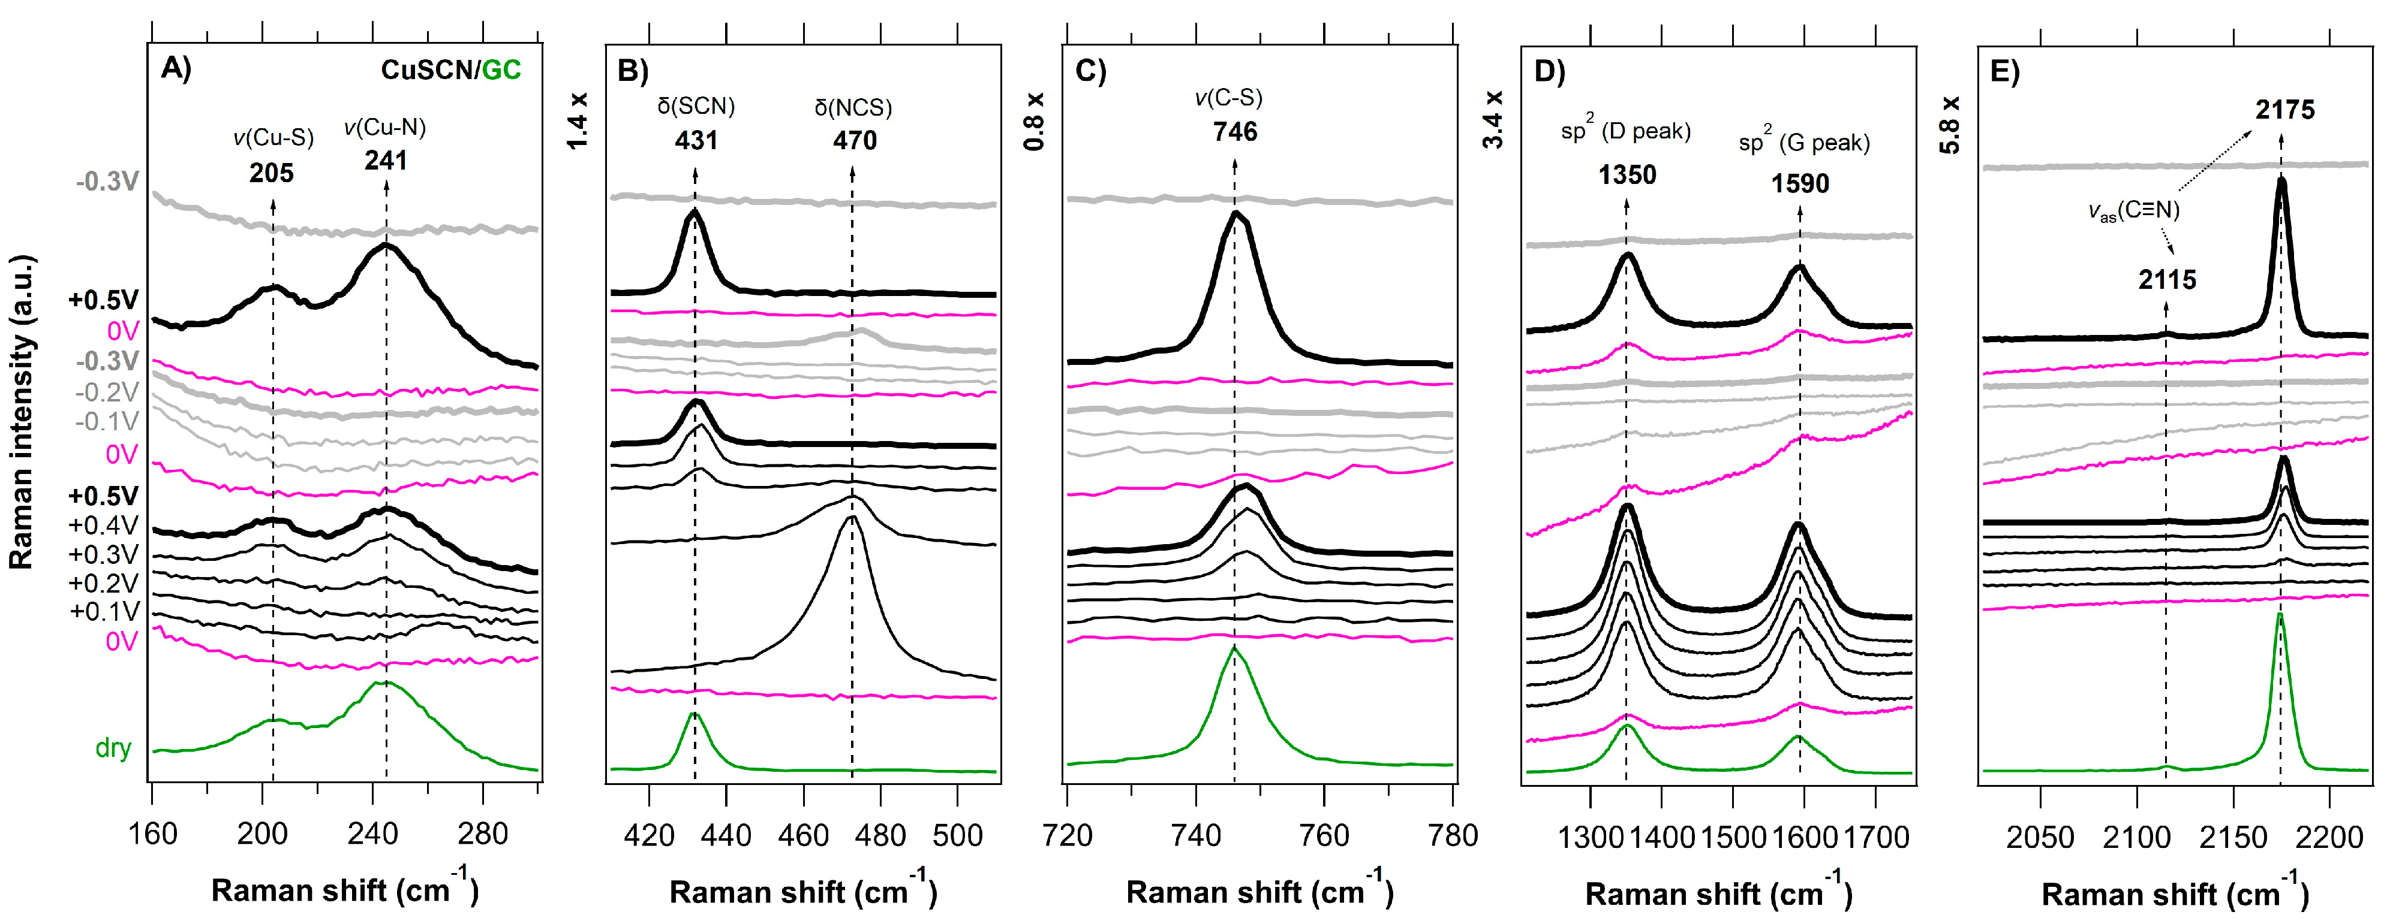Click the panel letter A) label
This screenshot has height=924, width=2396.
[176, 69]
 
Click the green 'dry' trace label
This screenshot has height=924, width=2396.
[113, 748]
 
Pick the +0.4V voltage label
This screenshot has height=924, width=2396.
[103, 525]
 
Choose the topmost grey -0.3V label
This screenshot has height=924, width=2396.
[108, 182]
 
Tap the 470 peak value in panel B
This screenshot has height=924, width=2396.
[854, 140]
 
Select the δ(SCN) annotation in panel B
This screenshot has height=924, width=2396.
[696, 106]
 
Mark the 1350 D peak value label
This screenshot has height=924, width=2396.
[1627, 175]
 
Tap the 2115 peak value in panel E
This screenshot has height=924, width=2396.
[2166, 280]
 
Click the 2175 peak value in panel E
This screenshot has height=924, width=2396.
[2284, 110]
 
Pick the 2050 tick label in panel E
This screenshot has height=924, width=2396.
[2040, 838]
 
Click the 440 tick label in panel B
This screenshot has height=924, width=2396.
[726, 836]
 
